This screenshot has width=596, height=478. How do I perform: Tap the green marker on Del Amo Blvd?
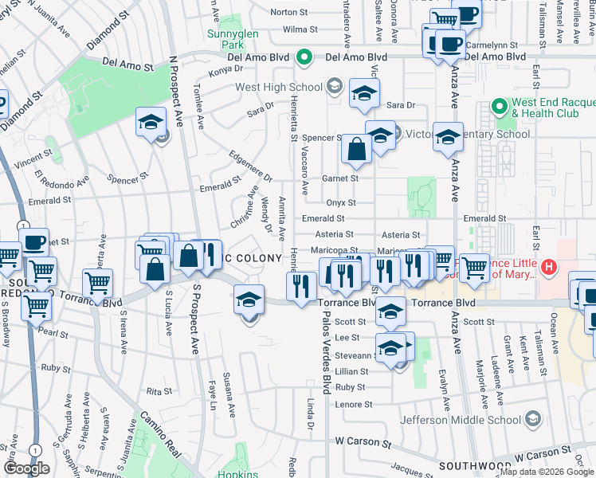[303, 57]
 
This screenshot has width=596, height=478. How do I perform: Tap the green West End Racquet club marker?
[499, 106]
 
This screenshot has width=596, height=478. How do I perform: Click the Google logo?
[26, 468]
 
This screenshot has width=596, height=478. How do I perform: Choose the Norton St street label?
[289, 12]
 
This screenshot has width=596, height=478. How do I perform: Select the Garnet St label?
[341, 178]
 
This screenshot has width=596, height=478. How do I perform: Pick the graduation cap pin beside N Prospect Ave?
[151, 123]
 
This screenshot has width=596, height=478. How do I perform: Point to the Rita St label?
[159, 391]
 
